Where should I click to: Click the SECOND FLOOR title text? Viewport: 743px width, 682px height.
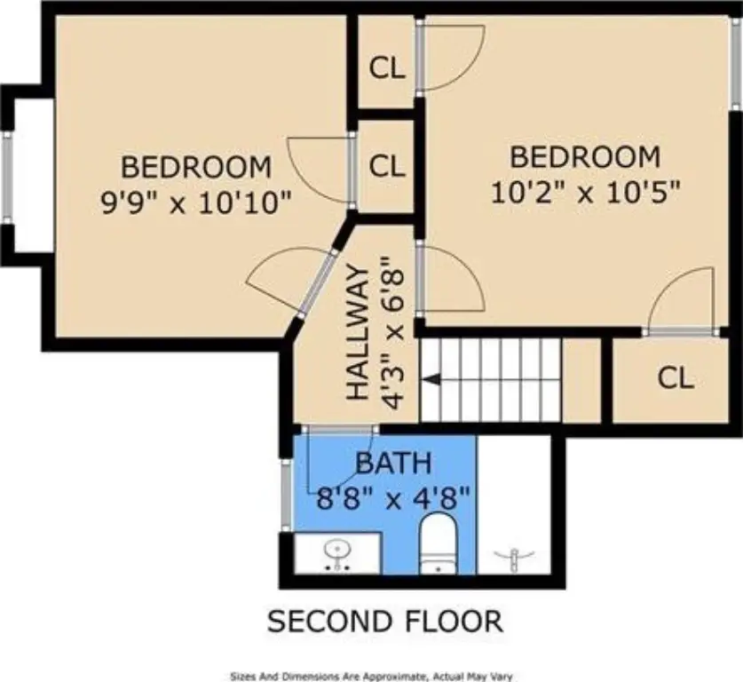384,622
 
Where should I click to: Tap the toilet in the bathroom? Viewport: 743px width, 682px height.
439,543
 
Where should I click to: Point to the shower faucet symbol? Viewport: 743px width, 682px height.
514,559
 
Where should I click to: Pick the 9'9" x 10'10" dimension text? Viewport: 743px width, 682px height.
195,202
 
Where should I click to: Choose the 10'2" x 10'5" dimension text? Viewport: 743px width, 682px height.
586,193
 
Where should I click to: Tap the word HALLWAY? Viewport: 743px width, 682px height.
358,333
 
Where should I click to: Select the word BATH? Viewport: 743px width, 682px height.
393,463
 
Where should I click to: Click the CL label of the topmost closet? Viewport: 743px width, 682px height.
387,68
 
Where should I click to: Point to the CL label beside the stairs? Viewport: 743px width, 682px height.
676,378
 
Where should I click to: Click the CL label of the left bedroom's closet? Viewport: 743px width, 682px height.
387,166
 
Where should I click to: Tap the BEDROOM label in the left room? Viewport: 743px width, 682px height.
196,167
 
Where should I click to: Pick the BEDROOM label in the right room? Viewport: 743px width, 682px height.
585,157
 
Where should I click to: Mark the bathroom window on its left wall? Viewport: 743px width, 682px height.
285,494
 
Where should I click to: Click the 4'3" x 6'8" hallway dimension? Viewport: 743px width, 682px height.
393,333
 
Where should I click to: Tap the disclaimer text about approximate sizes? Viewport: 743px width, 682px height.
371,677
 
